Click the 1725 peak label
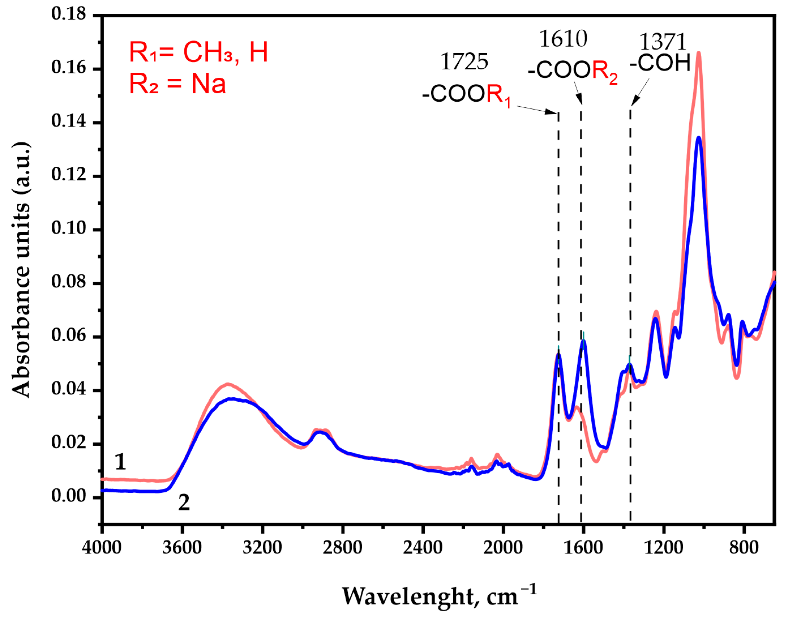click(464, 62)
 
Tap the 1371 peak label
click(662, 42)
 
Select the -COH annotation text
click(660, 63)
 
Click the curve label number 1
click(120, 462)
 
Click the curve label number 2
click(184, 503)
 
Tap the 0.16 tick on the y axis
click(69, 67)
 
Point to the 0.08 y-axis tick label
click(69, 282)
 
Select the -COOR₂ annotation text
click(572, 70)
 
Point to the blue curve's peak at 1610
click(583, 341)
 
